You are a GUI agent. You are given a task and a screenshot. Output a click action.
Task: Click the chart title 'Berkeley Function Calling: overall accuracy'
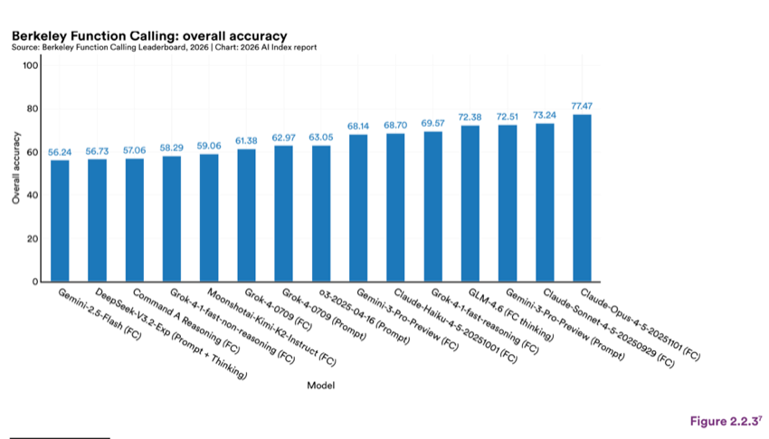coord(149,36)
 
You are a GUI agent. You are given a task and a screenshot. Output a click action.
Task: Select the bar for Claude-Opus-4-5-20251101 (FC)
coord(582,198)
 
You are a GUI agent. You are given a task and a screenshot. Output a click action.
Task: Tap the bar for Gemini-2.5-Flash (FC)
coord(60,221)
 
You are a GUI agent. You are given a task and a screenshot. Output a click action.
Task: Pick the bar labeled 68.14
coord(358,208)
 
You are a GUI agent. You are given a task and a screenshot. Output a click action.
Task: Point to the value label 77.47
coord(582,106)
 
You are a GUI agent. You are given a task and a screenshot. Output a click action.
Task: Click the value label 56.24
coord(60,153)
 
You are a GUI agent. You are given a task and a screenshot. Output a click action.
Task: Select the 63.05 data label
coord(321,138)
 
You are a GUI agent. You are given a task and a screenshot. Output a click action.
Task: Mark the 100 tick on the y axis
coord(31,65)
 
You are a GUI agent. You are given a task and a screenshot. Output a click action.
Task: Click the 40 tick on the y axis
coord(33,196)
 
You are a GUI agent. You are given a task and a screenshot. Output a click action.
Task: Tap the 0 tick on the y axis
coord(35,282)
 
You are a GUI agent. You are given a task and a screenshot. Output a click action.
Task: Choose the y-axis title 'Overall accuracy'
coord(16,167)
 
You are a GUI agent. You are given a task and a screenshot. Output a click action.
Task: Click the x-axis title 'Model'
coord(321,386)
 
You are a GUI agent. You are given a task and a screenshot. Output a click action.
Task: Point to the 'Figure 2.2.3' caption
coord(726,421)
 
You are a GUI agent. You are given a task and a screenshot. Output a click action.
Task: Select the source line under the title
coord(165,48)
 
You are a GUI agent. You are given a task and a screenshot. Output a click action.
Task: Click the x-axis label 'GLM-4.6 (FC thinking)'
coord(511,314)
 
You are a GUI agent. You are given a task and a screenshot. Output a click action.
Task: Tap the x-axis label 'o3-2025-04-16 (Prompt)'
coord(365,316)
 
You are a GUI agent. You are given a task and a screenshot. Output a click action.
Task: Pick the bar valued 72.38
coord(470,204)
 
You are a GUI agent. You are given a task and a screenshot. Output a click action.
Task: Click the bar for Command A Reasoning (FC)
coord(135,220)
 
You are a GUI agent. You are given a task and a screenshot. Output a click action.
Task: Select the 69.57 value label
coord(432,123)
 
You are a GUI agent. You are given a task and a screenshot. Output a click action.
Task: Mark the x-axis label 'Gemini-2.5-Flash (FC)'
coord(100,314)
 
